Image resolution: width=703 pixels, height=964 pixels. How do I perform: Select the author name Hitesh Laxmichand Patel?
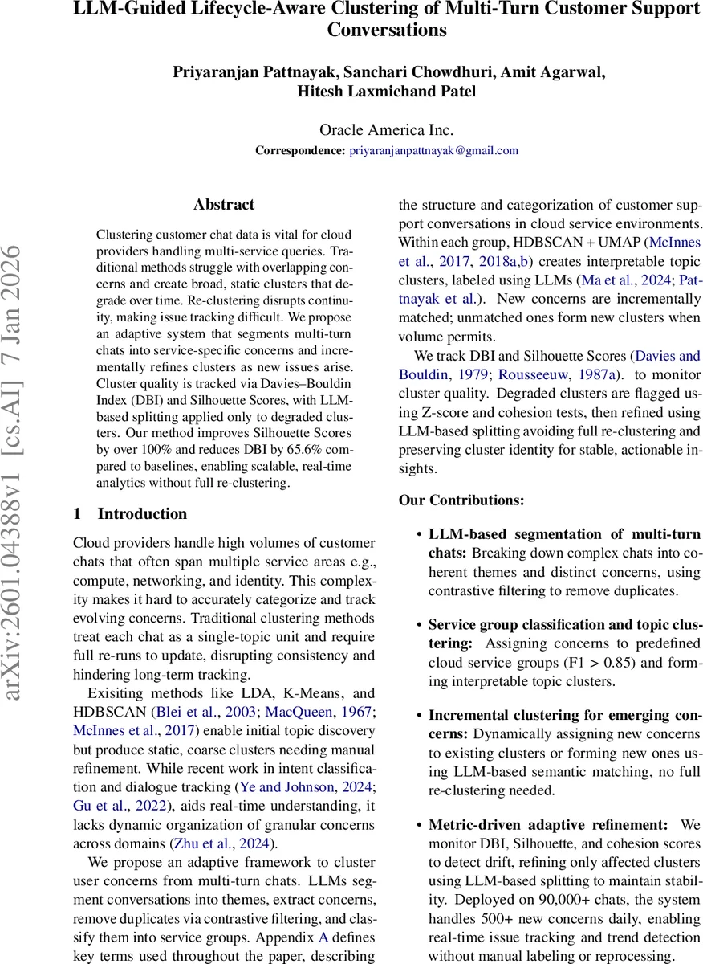387,91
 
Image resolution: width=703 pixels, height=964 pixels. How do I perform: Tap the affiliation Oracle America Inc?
387,130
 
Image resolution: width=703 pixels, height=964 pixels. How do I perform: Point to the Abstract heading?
224,205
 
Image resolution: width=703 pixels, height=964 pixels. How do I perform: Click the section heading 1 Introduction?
130,514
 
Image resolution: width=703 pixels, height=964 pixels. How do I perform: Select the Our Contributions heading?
461,500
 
